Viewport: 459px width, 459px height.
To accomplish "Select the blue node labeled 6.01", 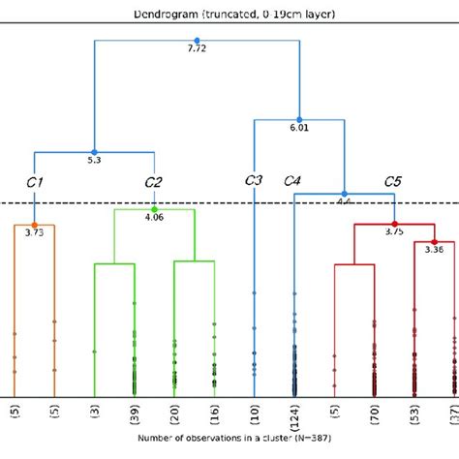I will tap(299, 119).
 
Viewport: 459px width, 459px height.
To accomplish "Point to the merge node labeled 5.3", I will tap(95, 150).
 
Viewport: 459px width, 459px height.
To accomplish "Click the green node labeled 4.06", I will tap(154, 209).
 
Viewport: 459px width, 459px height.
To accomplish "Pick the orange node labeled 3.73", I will tap(35, 225).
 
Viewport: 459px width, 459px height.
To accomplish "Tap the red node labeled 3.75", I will tap(394, 224).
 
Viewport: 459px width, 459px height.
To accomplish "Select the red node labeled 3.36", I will tap(434, 241).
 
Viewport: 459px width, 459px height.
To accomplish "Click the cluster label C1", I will tap(35, 181).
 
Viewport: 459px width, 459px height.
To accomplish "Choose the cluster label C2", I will tap(153, 181).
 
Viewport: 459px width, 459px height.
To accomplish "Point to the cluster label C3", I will tap(254, 180).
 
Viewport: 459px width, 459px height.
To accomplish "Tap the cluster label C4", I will tap(293, 181).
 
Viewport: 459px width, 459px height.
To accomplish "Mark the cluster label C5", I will tap(393, 181).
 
